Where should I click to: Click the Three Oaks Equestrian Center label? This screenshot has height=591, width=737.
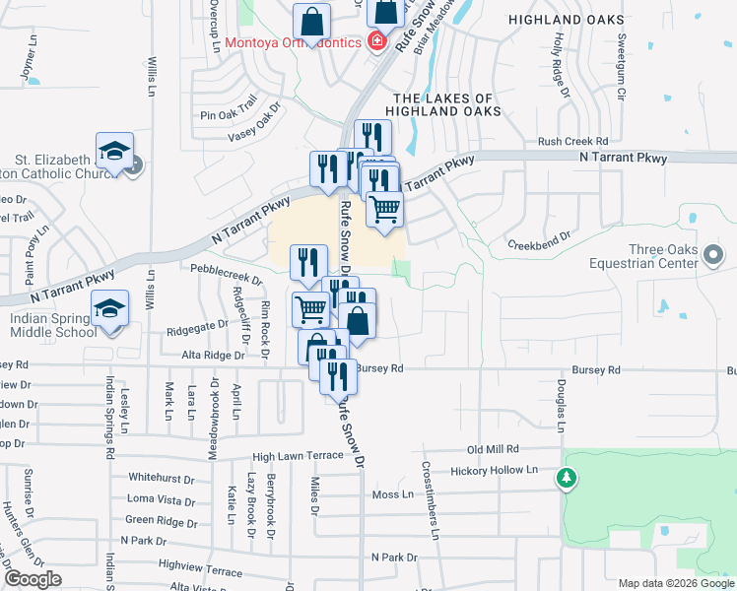pyautogui.click(x=650, y=255)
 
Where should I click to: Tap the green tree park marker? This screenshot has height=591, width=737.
pyautogui.click(x=567, y=479)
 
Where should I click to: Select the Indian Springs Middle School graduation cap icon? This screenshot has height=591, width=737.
pyautogui.click(x=111, y=310)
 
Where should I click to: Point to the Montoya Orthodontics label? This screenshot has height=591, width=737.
pyautogui.click(x=293, y=42)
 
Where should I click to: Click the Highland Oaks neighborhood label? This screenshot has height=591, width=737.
pyautogui.click(x=566, y=20)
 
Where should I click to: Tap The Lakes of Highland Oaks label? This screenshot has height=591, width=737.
pyautogui.click(x=442, y=105)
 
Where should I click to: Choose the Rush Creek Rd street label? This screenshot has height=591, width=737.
pyautogui.click(x=572, y=142)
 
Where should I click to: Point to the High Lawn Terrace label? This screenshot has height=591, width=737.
pyautogui.click(x=296, y=456)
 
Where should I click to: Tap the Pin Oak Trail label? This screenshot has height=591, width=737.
pyautogui.click(x=228, y=115)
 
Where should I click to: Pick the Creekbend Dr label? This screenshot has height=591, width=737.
pyautogui.click(x=540, y=242)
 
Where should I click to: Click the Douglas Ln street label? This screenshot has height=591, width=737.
pyautogui.click(x=561, y=405)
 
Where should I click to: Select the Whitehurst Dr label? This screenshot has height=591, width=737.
pyautogui.click(x=162, y=478)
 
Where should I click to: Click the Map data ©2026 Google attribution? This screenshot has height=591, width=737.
pyautogui.click(x=675, y=583)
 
